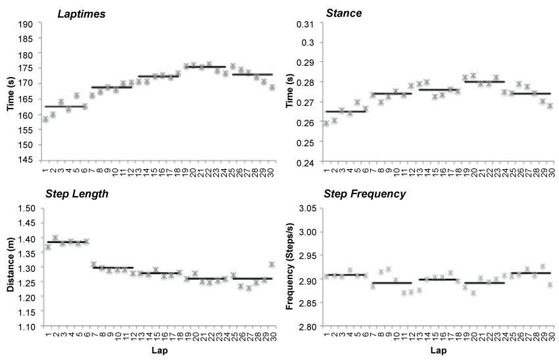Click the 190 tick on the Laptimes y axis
[26, 24]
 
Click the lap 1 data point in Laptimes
[45, 119]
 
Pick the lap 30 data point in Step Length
[272, 264]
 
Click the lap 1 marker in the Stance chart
[326, 123]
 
